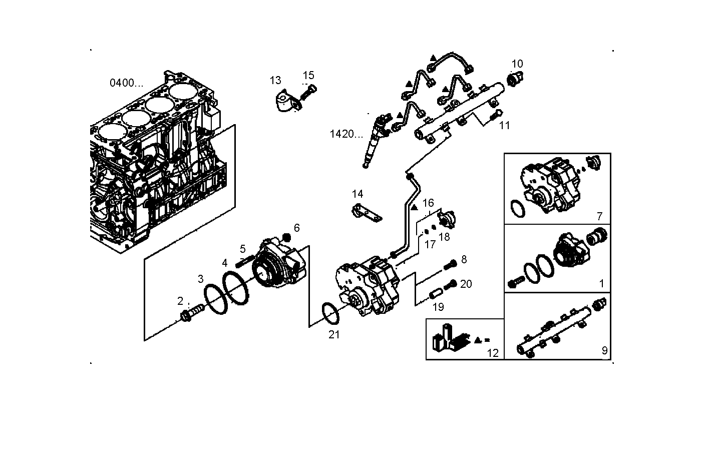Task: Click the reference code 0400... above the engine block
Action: pyautogui.click(x=126, y=83)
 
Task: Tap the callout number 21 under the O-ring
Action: pyautogui.click(x=334, y=335)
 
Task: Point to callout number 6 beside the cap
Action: pyautogui.click(x=297, y=228)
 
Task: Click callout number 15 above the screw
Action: pyautogui.click(x=308, y=76)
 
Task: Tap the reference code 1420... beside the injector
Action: pyautogui.click(x=346, y=134)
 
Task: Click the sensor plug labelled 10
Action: pyautogui.click(x=515, y=79)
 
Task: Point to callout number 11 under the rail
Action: pyautogui.click(x=504, y=126)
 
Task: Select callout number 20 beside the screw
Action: pyautogui.click(x=466, y=284)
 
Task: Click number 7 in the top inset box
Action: pyautogui.click(x=599, y=217)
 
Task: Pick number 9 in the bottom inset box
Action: pyautogui.click(x=604, y=351)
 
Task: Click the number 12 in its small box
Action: pyautogui.click(x=493, y=353)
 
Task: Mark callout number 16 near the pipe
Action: pyautogui.click(x=428, y=203)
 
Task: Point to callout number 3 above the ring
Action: pyautogui.click(x=200, y=279)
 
